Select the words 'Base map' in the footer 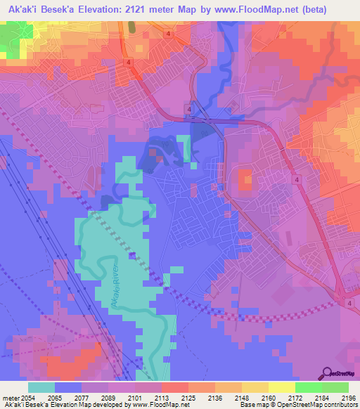tap(252, 405)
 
